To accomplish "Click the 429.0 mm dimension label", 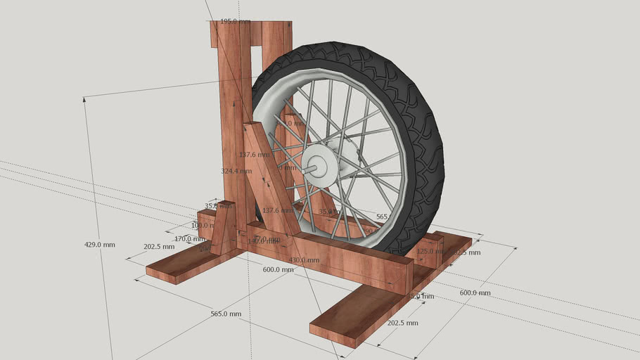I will click(99, 244).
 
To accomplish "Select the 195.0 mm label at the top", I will click(235, 22).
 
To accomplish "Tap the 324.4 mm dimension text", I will click(236, 171).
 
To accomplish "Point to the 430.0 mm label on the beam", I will click(304, 260).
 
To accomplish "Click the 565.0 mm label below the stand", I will click(226, 314).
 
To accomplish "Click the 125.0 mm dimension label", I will click(428, 251).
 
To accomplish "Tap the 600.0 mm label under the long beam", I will click(279, 269).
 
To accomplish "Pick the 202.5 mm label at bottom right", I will click(402, 323).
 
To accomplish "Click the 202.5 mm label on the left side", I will click(158, 247).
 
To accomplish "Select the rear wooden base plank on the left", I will click(184, 262).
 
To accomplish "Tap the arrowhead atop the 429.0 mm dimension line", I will click(85, 100).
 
